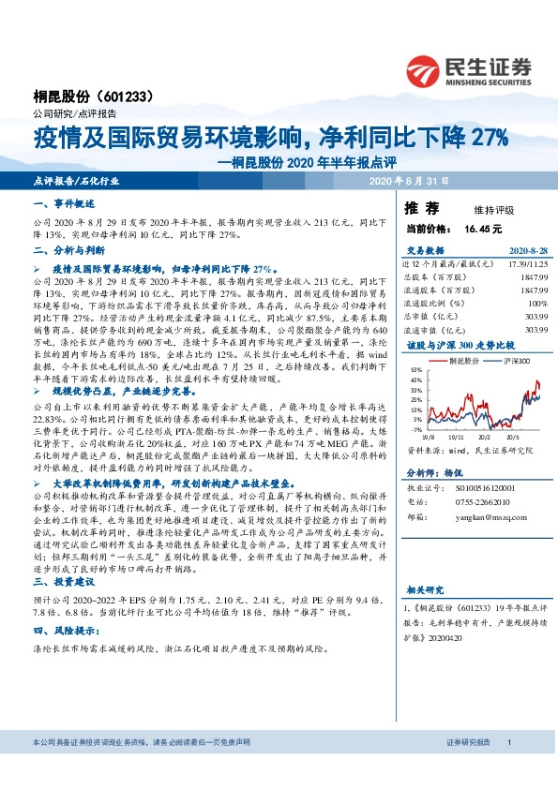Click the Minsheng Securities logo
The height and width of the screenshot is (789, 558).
coord(469,70)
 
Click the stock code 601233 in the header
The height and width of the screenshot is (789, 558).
coord(122,97)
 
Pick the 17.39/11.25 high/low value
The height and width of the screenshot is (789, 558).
coord(527,265)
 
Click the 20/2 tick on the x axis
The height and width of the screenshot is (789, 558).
coord(487,437)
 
